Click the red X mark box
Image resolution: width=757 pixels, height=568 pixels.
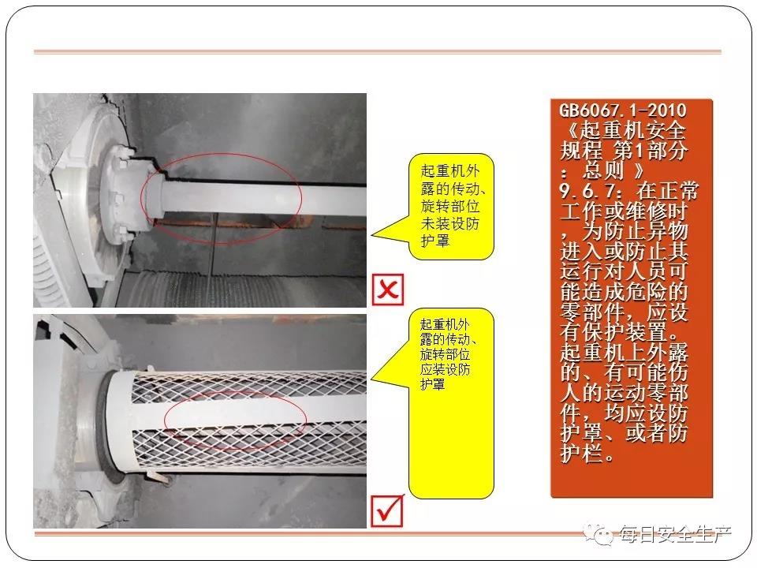(x=388, y=290)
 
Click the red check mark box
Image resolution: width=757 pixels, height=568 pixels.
(x=387, y=511)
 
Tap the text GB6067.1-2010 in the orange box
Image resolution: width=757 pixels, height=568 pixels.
(x=623, y=110)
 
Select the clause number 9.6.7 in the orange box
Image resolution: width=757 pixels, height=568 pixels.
(x=587, y=191)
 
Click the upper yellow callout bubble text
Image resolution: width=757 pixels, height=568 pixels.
(x=450, y=205)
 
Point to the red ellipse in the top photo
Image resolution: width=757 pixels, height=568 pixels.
(x=221, y=199)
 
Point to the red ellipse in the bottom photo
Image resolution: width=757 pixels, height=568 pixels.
(x=236, y=418)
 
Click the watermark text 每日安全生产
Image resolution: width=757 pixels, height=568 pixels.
(x=675, y=534)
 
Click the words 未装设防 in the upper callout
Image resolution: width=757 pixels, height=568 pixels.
(x=450, y=223)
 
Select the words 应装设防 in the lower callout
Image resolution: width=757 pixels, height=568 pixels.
(x=445, y=369)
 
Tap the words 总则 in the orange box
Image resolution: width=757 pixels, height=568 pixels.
(x=603, y=170)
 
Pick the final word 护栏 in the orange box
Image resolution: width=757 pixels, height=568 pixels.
(x=582, y=453)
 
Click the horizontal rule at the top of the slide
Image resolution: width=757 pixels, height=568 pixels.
(x=378, y=52)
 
